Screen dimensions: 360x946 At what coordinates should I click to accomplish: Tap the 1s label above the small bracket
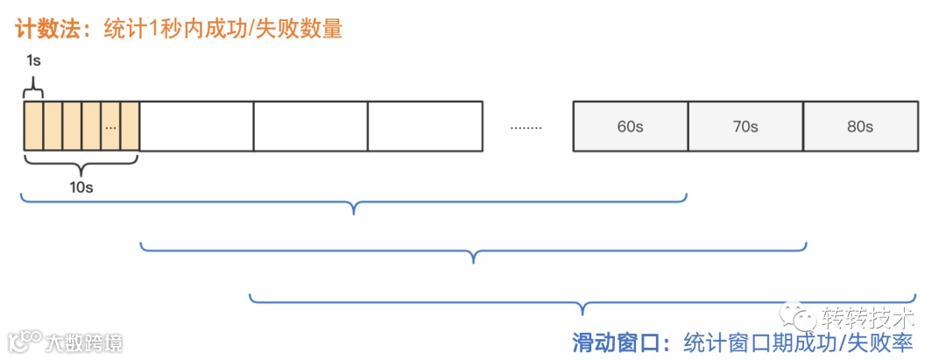(x=33, y=61)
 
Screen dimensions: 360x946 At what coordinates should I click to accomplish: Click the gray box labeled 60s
(x=630, y=127)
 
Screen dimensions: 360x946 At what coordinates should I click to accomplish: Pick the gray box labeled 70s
(x=745, y=127)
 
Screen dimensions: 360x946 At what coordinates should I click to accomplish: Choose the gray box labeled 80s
(x=860, y=127)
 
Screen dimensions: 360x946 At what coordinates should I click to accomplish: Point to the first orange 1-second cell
(x=32, y=127)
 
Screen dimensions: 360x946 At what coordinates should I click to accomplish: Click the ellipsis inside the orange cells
(x=110, y=127)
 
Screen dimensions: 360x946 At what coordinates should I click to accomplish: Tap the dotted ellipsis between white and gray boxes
(x=526, y=128)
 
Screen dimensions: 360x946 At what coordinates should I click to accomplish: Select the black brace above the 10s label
(x=81, y=162)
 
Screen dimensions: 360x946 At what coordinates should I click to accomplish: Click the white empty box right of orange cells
(x=196, y=127)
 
